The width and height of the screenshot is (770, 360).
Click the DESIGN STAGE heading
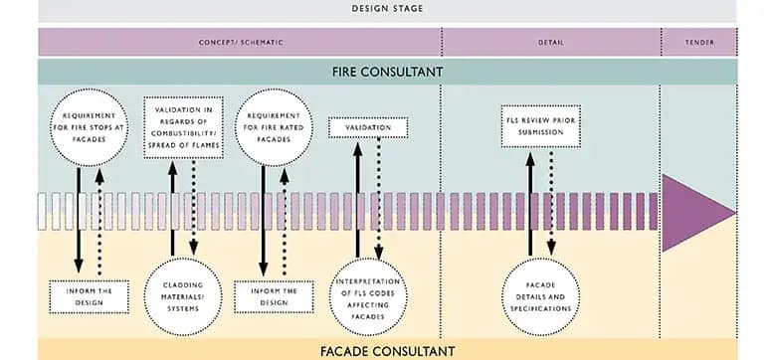[388, 9]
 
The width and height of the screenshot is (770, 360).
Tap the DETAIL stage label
[551, 42]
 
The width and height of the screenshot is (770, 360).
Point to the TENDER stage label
[699, 42]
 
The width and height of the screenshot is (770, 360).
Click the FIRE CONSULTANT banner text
[388, 73]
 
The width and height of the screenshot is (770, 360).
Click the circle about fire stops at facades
[89, 127]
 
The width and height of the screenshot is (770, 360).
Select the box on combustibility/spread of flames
[185, 128]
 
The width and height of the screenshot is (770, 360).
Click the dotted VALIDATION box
[368, 127]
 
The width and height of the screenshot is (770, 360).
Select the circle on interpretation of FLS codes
[368, 287]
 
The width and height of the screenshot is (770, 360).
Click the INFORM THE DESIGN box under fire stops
[89, 295]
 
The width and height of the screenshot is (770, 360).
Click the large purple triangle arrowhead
[696, 212]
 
